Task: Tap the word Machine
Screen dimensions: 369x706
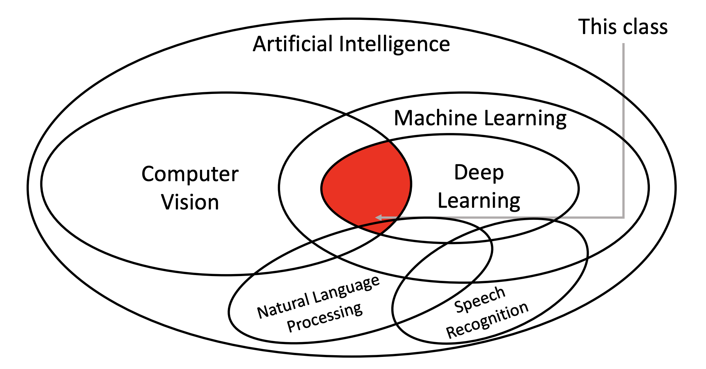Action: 435,118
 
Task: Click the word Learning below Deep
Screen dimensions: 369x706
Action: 479,201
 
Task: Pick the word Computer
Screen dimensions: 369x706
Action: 190,174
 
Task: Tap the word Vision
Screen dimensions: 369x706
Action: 190,202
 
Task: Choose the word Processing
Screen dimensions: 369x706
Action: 324,318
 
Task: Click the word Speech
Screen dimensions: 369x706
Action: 479,300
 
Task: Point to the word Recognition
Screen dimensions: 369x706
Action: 487,320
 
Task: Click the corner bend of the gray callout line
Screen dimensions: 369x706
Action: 623,217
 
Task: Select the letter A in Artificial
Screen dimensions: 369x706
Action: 260,44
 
